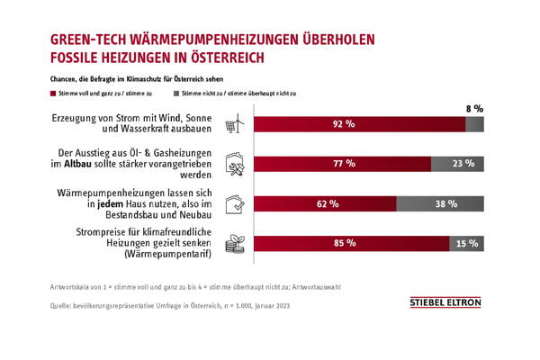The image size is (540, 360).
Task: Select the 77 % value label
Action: (x=345, y=165)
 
